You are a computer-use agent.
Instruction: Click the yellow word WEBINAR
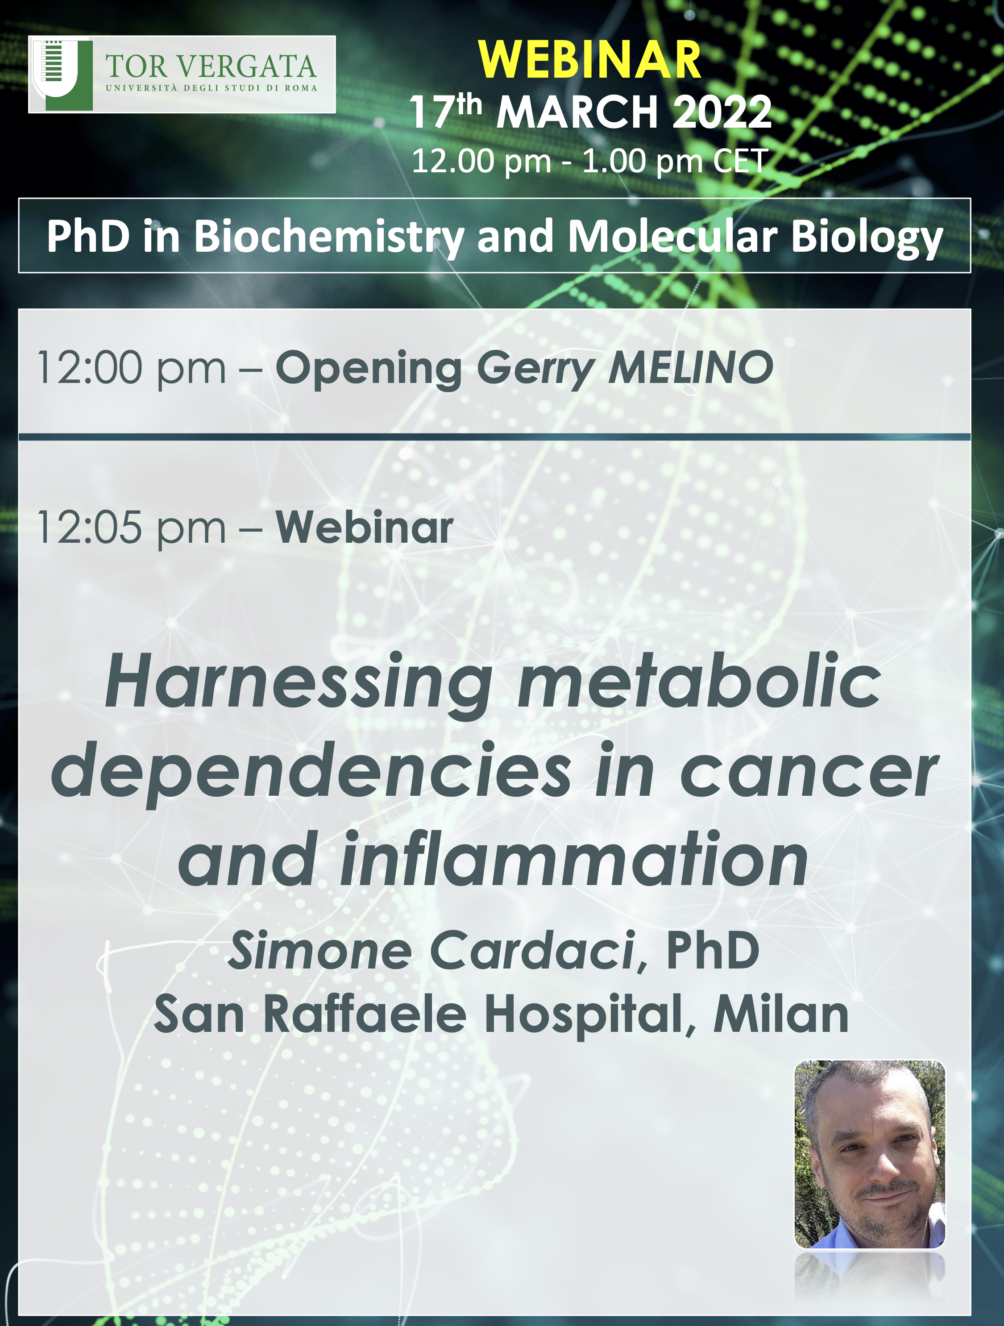pyautogui.click(x=590, y=60)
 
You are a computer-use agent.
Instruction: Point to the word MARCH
pyautogui.click(x=577, y=112)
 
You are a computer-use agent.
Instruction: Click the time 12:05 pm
pyautogui.click(x=131, y=528)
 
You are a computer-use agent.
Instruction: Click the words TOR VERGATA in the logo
pyautogui.click(x=211, y=67)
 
